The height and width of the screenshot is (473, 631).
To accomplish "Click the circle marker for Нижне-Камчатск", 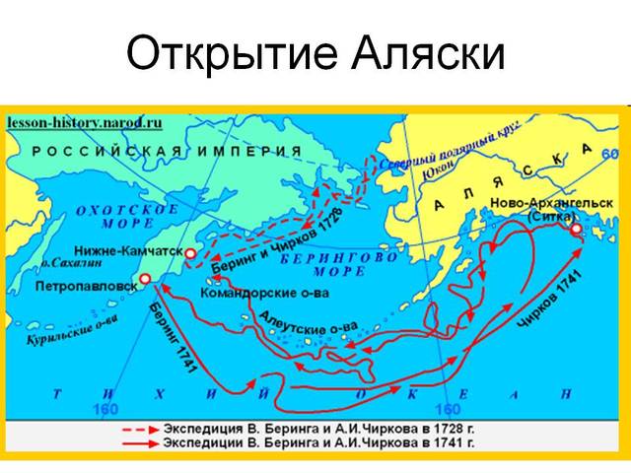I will click(x=190, y=253).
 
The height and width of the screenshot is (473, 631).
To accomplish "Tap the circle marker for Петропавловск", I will click(x=145, y=280).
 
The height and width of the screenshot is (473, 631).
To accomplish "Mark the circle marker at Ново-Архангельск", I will click(x=576, y=229).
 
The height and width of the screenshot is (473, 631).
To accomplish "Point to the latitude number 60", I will click(x=608, y=154).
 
